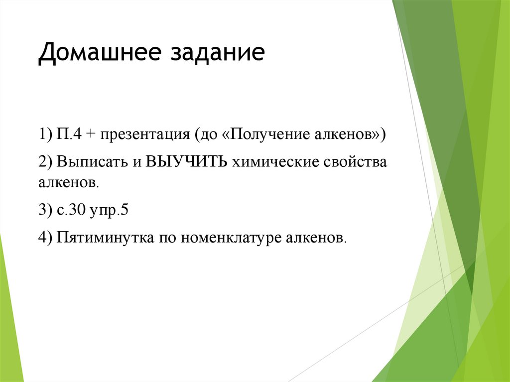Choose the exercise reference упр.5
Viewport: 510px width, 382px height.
(110, 210)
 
